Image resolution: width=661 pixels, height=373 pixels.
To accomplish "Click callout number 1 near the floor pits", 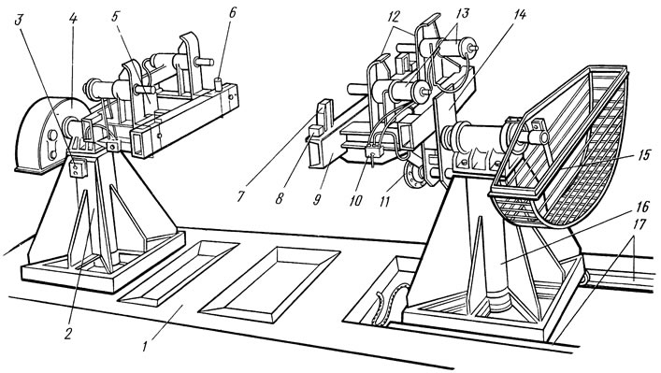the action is click(x=145, y=347).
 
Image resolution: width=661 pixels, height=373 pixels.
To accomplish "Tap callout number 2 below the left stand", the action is click(x=68, y=334).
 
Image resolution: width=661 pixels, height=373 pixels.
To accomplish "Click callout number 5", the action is click(x=115, y=19).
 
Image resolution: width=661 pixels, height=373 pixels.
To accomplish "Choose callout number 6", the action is click(x=232, y=12).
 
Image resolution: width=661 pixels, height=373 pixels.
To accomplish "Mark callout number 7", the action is click(x=241, y=196).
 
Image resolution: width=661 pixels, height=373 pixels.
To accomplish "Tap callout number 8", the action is click(x=279, y=198).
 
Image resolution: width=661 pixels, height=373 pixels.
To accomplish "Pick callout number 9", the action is click(x=317, y=199).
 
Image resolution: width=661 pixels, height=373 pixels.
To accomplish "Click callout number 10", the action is click(x=355, y=199).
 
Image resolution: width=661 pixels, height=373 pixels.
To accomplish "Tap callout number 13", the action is click(x=462, y=13).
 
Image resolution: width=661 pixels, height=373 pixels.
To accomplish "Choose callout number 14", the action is click(x=519, y=14).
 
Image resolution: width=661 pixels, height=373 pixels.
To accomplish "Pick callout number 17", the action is click(x=639, y=223).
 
